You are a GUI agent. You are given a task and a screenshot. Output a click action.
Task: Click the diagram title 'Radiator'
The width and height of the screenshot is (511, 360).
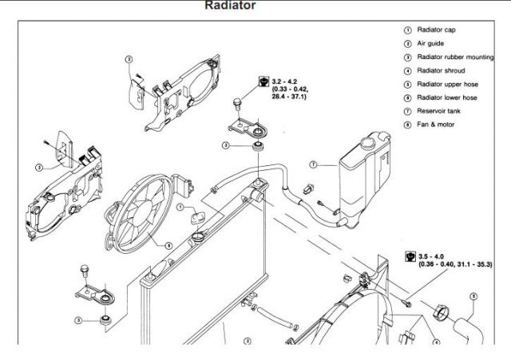[x=230, y=6]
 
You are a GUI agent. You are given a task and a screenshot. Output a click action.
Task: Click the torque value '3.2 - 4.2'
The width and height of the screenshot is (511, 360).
[x=284, y=81]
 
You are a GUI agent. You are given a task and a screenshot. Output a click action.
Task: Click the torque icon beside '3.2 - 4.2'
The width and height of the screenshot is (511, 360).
[x=264, y=81]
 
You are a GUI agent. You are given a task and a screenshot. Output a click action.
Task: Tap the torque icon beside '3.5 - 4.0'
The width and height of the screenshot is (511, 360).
[x=409, y=257]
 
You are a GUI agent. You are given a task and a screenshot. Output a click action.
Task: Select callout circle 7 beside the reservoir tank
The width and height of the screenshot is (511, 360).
[x=314, y=165]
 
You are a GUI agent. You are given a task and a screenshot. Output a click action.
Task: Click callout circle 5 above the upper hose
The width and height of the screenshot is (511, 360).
[x=181, y=207]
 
